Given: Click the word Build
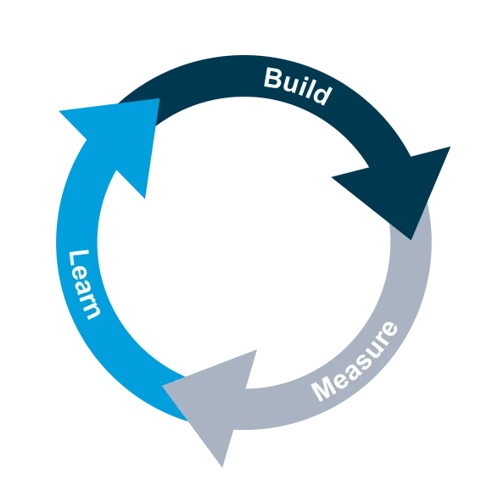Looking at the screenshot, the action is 298,86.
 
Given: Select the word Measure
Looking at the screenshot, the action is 355,361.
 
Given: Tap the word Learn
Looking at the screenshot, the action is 84,285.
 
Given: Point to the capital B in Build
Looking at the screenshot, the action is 275,78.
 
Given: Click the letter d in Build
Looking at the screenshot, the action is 322,94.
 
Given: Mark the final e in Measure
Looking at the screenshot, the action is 390,329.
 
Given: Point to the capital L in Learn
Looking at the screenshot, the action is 78,260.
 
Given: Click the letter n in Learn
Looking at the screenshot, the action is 92,312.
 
